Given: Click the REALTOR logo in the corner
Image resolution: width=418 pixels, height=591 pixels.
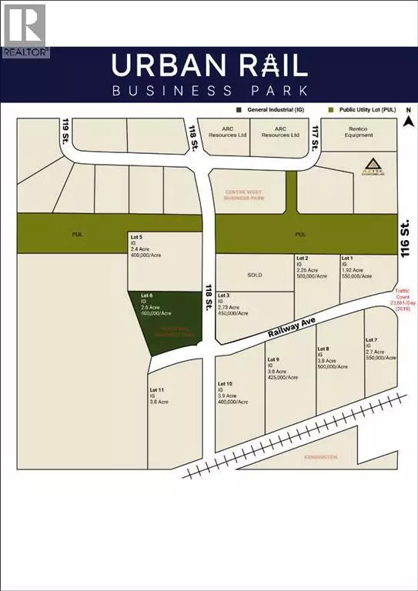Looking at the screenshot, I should coord(25,30).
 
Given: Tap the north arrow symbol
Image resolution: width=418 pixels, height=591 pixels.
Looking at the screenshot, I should coord(410,119).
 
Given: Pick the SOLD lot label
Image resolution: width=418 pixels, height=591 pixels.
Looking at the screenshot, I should coord(254,275).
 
